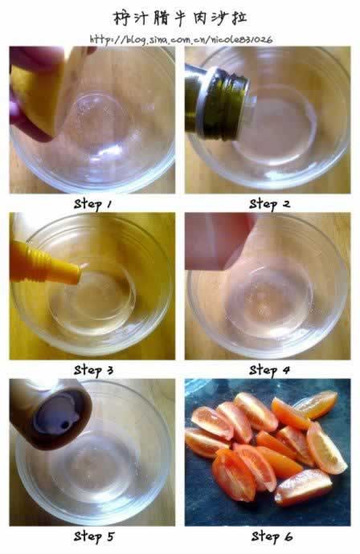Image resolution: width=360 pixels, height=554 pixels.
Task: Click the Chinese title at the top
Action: click(180, 18)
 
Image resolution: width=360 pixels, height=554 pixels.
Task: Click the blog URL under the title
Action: click(181, 39)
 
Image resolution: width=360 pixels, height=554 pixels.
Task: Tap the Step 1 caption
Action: click(92, 204)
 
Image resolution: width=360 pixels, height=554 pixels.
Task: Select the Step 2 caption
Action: click(269, 204)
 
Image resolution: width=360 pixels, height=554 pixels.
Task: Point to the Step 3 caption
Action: click(94, 370)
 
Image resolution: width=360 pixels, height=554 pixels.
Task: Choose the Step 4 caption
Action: click(269, 370)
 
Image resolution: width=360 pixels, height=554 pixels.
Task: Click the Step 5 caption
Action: click(94, 536)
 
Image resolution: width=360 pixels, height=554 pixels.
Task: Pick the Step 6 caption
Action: click(272, 536)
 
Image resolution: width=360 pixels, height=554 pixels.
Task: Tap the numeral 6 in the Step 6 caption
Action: click(288, 537)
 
